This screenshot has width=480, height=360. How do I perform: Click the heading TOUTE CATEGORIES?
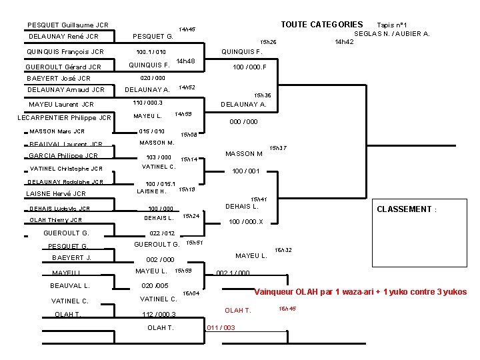click(x=321, y=25)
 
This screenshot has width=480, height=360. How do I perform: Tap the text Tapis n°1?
click(x=392, y=25)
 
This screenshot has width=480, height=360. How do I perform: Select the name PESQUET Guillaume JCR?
click(x=68, y=25)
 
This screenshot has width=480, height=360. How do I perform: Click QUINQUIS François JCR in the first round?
click(x=65, y=51)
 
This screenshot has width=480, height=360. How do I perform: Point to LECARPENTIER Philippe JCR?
click(x=64, y=118)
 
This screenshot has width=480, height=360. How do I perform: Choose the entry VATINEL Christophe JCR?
click(x=66, y=169)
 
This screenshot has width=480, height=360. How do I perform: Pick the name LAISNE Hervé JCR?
click(x=56, y=194)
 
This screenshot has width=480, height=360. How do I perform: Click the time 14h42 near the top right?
click(x=344, y=41)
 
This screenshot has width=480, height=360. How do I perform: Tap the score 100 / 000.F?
click(x=249, y=67)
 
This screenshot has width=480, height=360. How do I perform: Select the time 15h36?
click(x=262, y=96)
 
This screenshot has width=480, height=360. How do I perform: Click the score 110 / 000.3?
click(x=148, y=103)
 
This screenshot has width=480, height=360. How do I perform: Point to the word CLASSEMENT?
click(x=404, y=209)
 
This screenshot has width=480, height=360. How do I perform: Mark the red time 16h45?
click(x=287, y=309)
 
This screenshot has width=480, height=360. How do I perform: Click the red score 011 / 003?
click(x=221, y=327)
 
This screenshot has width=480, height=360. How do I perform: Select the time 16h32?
click(x=283, y=250)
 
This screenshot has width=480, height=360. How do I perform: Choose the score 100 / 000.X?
click(x=246, y=222)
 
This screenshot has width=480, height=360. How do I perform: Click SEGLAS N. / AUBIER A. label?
click(x=391, y=33)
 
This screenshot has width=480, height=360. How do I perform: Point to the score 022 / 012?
click(x=162, y=233)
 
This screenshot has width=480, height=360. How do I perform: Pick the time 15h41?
click(x=259, y=199)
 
